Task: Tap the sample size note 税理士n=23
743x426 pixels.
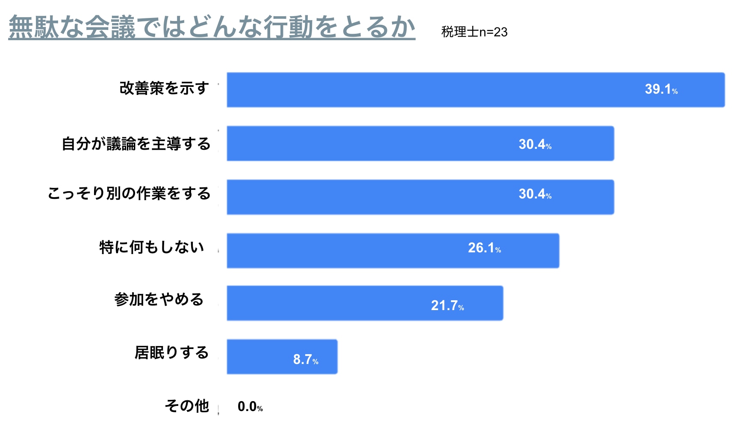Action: pyautogui.click(x=474, y=32)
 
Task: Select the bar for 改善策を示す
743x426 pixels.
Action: pyautogui.click(x=475, y=90)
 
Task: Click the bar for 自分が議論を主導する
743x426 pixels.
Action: pyautogui.click(x=420, y=143)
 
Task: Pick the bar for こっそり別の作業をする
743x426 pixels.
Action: pyautogui.click(x=420, y=197)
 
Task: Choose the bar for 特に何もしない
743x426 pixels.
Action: pyautogui.click(x=392, y=251)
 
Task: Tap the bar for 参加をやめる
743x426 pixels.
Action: pyautogui.click(x=365, y=303)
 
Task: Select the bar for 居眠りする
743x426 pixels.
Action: pyautogui.click(x=282, y=357)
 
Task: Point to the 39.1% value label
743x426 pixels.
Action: pyautogui.click(x=661, y=89)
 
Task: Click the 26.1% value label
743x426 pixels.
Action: pyautogui.click(x=484, y=248)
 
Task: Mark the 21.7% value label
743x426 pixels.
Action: pyautogui.click(x=447, y=305)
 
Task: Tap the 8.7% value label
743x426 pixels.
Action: pyautogui.click(x=305, y=359)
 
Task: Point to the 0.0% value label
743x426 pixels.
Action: pyautogui.click(x=250, y=406)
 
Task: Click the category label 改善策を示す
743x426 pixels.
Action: pyautogui.click(x=164, y=88)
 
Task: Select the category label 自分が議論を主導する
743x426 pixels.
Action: pyautogui.click(x=136, y=144)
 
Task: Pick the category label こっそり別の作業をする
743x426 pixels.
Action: pyautogui.click(x=129, y=193)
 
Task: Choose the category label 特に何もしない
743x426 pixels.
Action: pyautogui.click(x=152, y=247)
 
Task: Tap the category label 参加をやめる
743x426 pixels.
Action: pyautogui.click(x=159, y=299)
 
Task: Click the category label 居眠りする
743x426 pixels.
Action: pyautogui.click(x=171, y=353)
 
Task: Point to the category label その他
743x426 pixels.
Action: pyautogui.click(x=187, y=405)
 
